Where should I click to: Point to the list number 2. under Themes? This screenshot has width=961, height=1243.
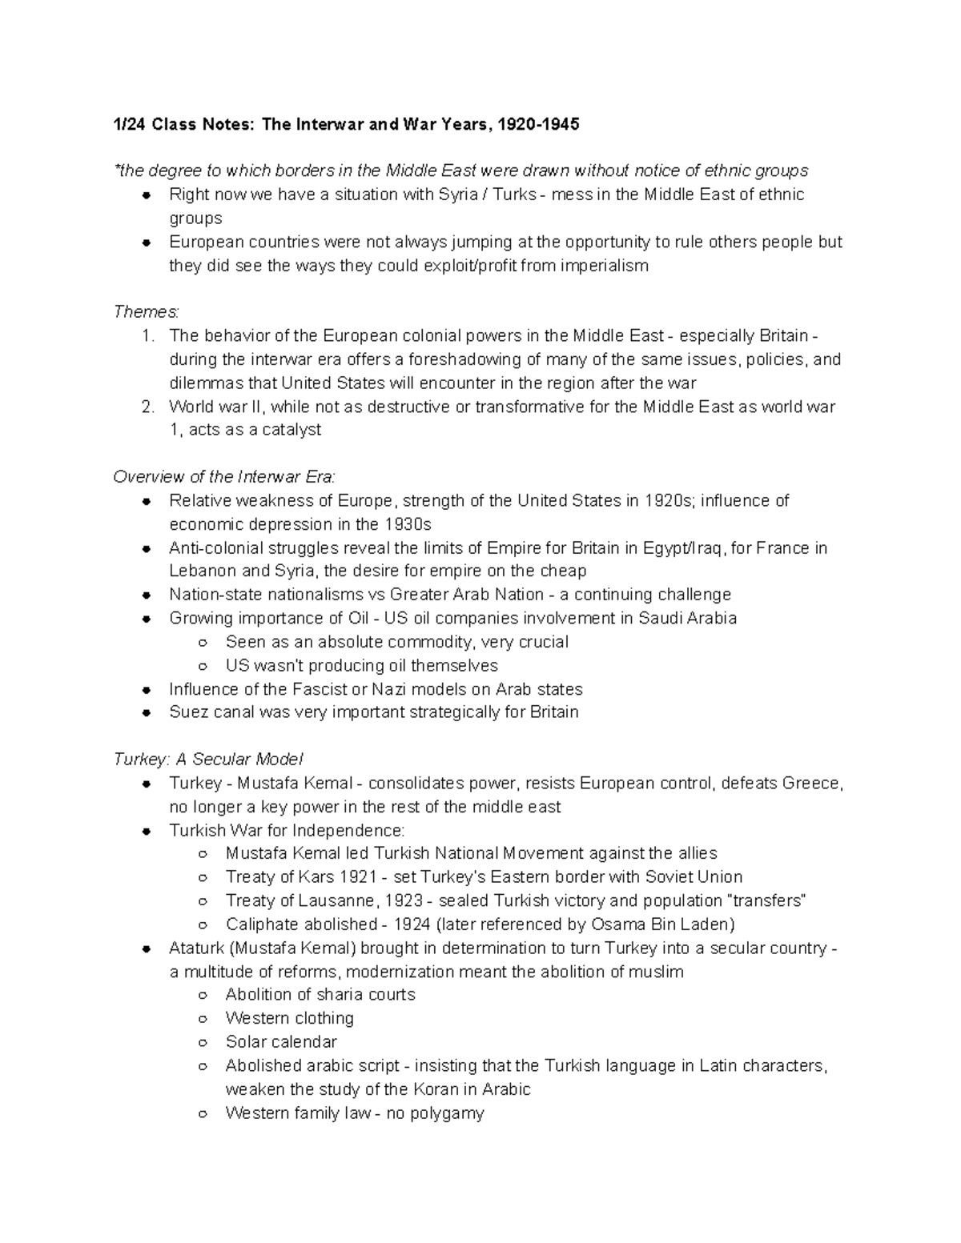click(147, 407)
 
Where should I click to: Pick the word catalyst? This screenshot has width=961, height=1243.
click(290, 430)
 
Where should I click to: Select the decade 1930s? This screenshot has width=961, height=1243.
click(407, 524)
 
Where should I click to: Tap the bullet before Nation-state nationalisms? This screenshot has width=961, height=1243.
click(147, 595)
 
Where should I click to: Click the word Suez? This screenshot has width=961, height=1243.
click(189, 712)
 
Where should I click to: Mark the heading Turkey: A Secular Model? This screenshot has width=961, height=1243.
click(208, 760)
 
